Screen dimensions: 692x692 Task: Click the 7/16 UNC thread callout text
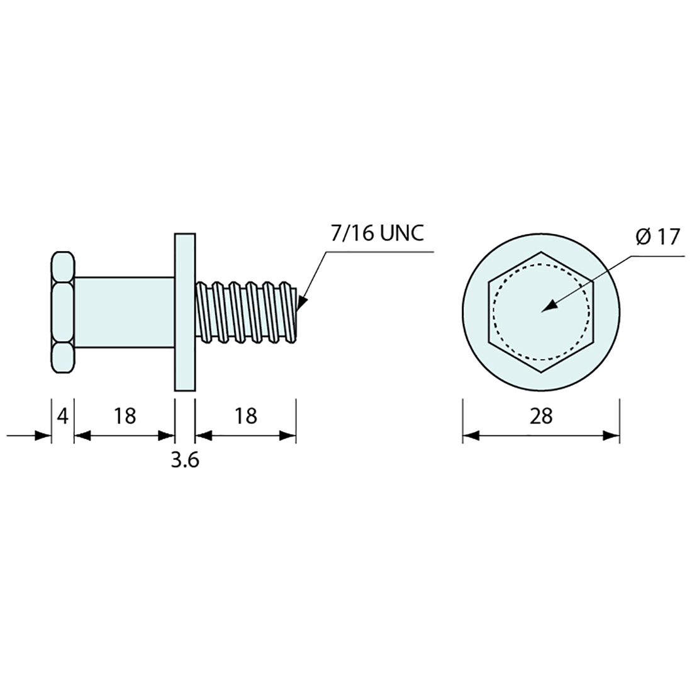(377, 233)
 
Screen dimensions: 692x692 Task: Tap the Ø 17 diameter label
(657, 237)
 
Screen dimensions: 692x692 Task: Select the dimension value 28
(541, 416)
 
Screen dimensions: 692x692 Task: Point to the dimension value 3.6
(185, 460)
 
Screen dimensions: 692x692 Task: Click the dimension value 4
(63, 416)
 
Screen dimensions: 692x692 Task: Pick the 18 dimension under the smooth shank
(125, 416)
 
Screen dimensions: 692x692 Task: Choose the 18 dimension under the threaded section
(245, 416)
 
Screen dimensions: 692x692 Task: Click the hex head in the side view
(63, 313)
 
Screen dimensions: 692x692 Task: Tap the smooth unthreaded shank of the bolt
(125, 312)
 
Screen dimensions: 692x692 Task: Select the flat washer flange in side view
(185, 312)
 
